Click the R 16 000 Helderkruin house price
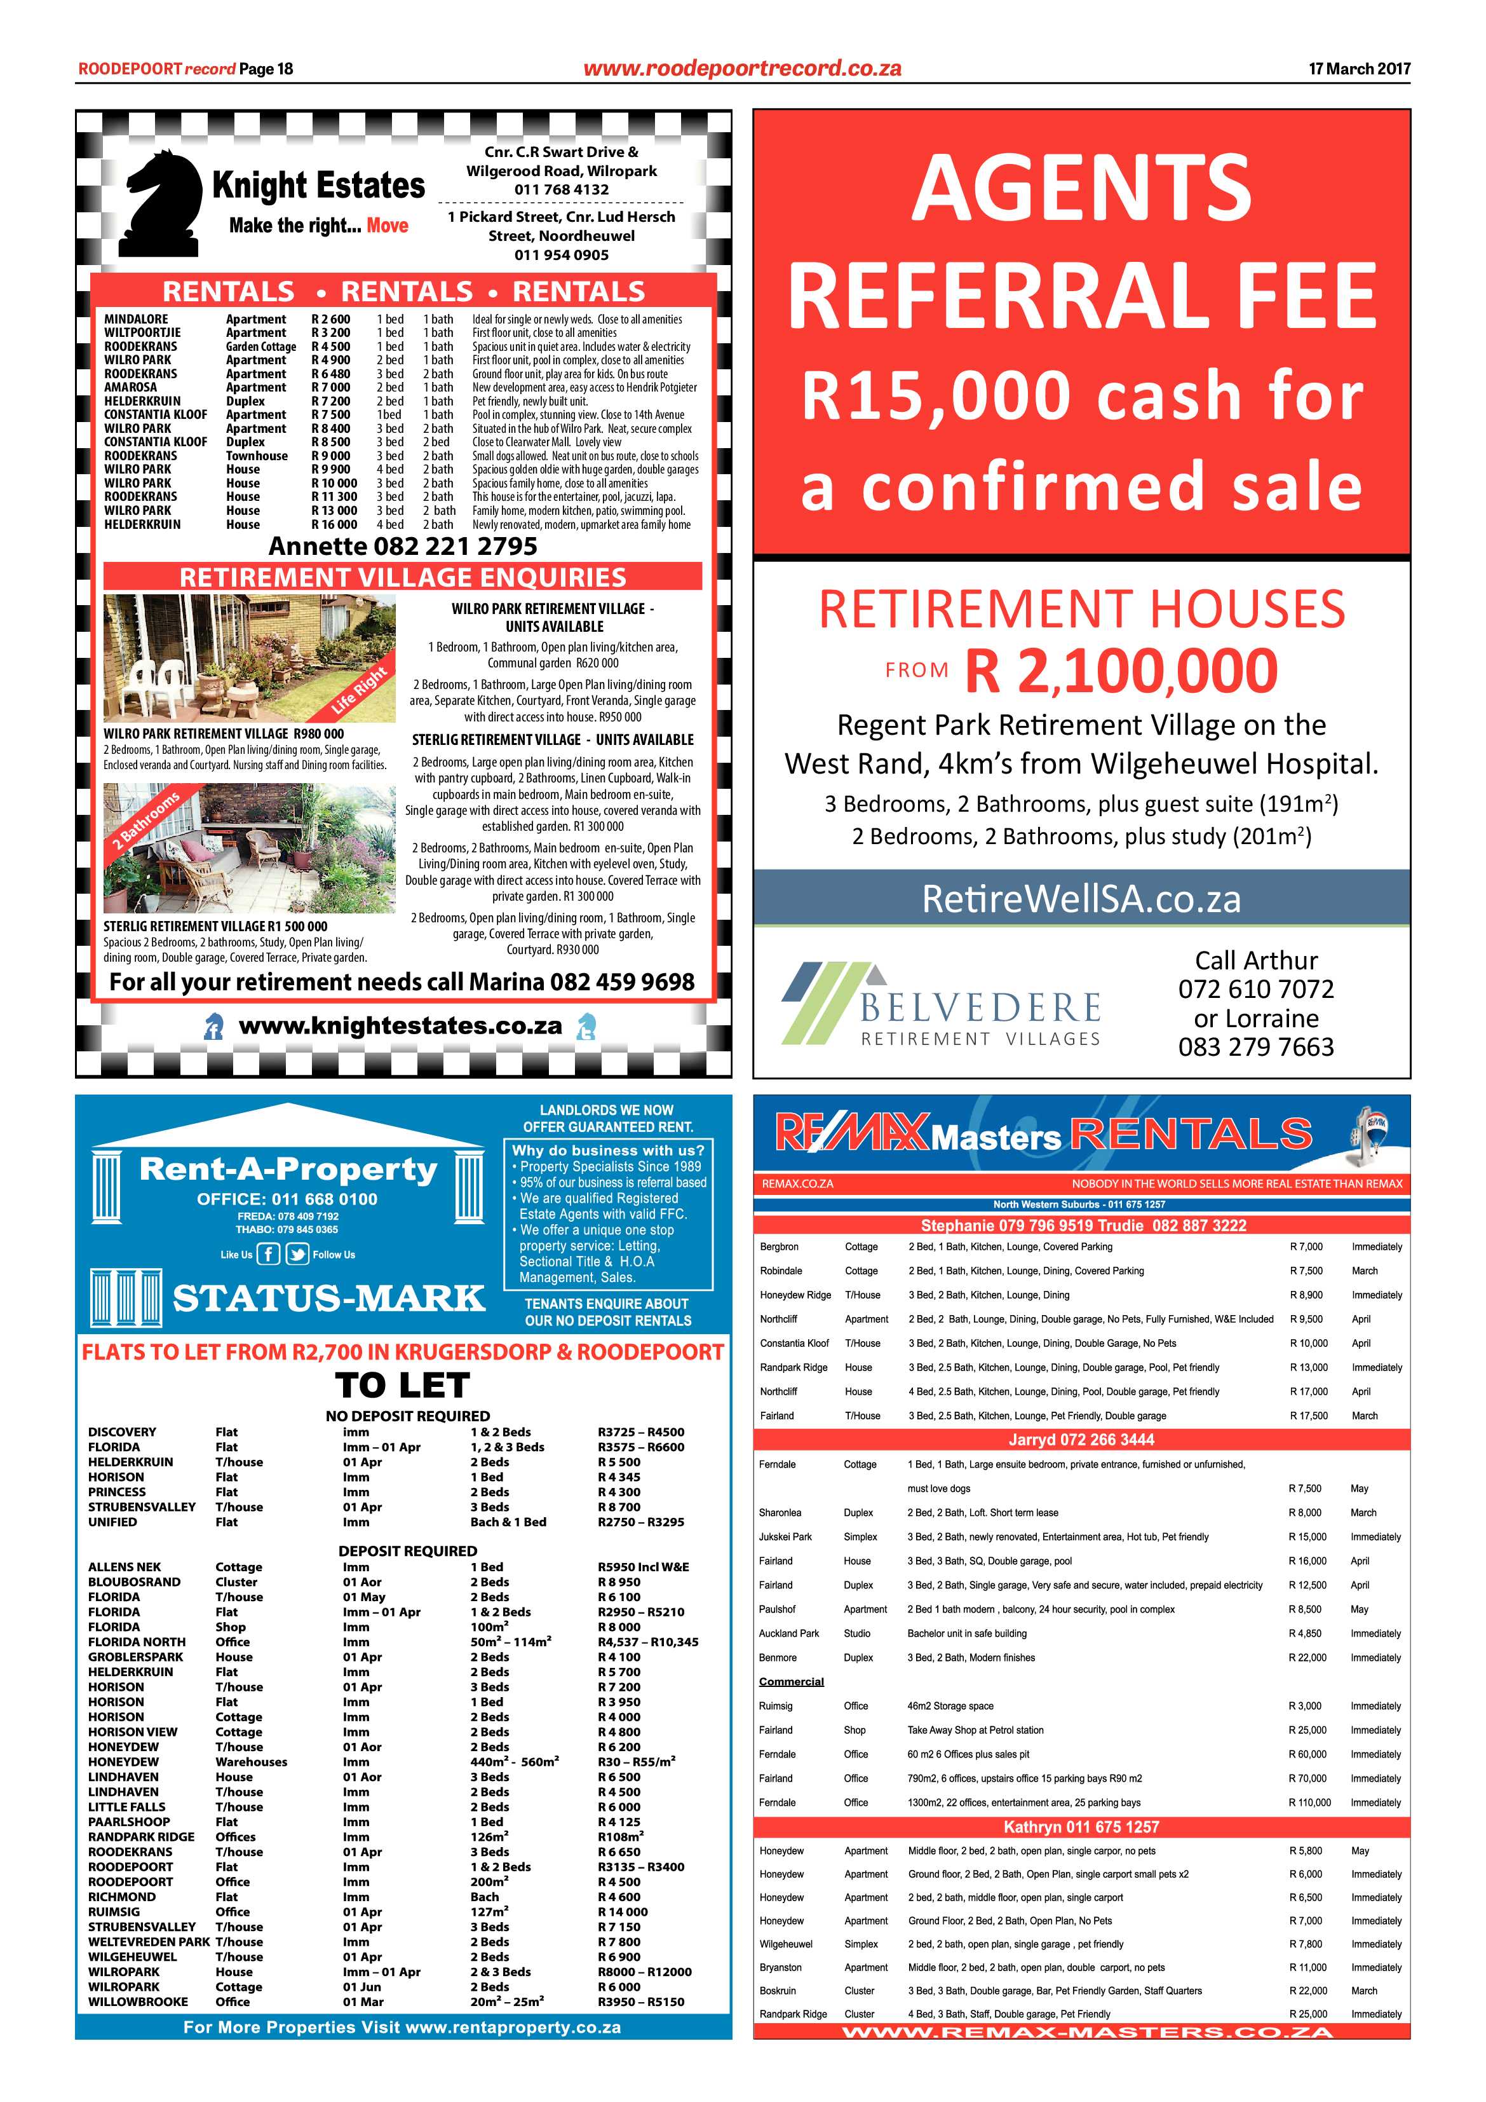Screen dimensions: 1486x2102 click(x=334, y=524)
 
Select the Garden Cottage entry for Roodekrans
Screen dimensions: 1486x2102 click(x=260, y=347)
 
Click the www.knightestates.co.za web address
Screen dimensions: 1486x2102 click(x=400, y=1027)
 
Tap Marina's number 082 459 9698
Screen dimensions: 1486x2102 click(x=622, y=982)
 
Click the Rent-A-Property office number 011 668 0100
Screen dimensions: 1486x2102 click(x=324, y=1199)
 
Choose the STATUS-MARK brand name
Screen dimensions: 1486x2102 click(x=328, y=1298)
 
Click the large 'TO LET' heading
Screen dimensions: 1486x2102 click(x=403, y=1386)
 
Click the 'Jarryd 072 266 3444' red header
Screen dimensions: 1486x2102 click(x=1081, y=1440)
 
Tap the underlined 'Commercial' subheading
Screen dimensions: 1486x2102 click(x=792, y=1682)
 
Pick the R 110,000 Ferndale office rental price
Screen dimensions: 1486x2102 click(x=1309, y=1803)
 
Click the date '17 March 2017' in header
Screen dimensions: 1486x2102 click(x=1359, y=69)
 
